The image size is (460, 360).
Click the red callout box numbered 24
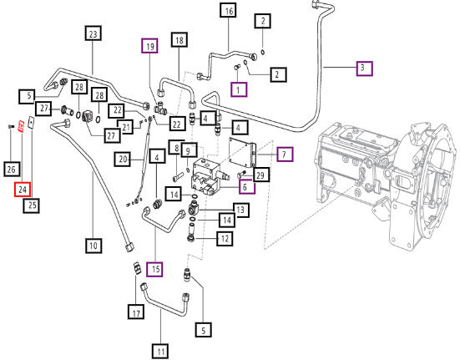tap(23, 190)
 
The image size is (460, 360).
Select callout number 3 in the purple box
tap(364, 68)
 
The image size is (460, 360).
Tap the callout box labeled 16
tap(229, 11)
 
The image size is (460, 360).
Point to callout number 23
tap(93, 33)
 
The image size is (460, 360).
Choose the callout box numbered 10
tap(94, 246)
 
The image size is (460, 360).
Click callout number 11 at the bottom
tap(160, 352)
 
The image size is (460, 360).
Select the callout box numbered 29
tap(260, 175)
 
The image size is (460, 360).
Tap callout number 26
tap(12, 170)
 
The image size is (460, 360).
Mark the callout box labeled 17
tap(136, 312)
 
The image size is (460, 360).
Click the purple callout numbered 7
tap(285, 154)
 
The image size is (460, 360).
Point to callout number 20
tap(123, 160)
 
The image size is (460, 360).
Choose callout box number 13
tap(241, 210)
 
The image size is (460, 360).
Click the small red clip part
tap(21, 126)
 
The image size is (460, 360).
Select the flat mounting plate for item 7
tap(242, 153)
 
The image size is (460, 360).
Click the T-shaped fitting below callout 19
tap(161, 108)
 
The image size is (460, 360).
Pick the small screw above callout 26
tap(11, 126)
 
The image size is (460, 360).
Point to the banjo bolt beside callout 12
tap(191, 233)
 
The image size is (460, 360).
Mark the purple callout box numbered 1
tap(239, 89)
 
